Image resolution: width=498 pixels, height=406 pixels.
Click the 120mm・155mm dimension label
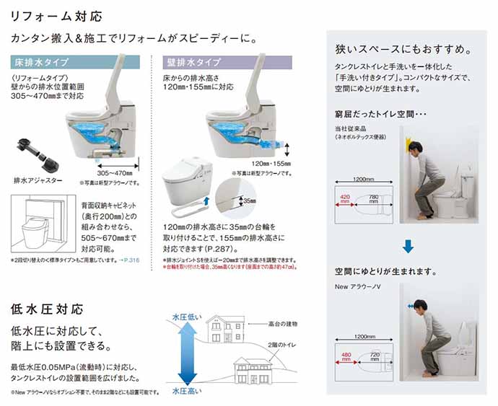[x=270, y=163]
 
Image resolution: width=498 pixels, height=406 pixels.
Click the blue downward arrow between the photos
[x=409, y=245]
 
